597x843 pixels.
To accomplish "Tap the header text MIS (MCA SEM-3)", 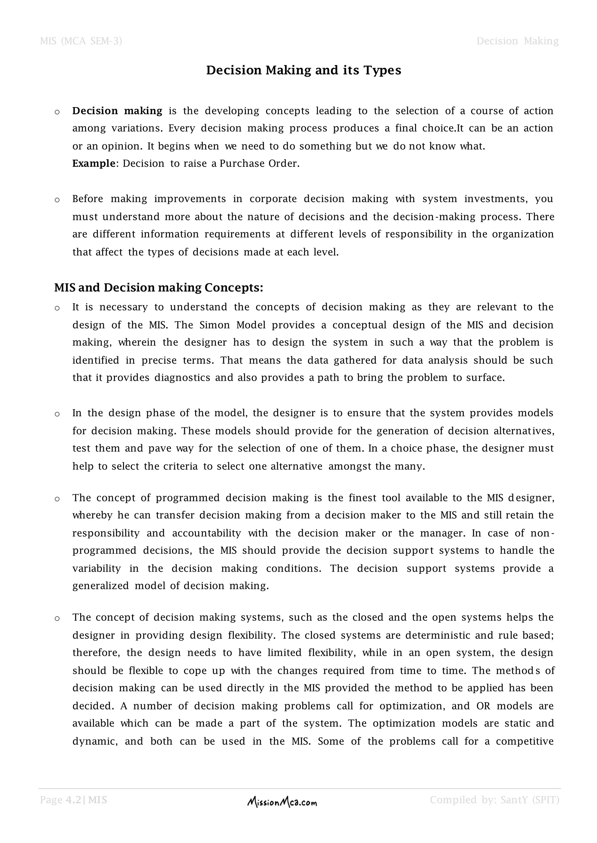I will pos(81,41).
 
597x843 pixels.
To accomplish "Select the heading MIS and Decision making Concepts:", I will pos(159,288).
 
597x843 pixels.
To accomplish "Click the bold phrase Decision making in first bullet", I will pos(117,111).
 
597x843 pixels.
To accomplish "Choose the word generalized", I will pos(100,586).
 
